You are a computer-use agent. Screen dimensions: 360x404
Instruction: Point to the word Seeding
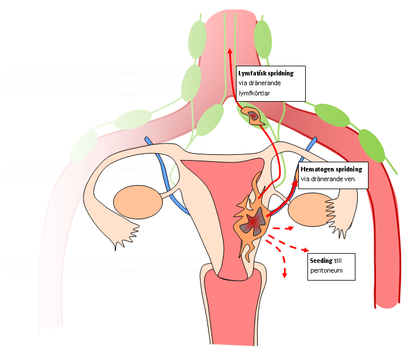coord(313,261)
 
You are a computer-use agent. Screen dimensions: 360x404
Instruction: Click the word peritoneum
coord(326,270)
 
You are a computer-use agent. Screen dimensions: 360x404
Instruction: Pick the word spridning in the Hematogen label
coord(351,170)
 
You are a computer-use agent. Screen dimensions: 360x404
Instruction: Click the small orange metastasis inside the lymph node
coord(253,116)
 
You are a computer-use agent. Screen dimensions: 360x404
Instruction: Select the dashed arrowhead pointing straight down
coord(285,275)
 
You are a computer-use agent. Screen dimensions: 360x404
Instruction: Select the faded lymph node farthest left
coord(83,146)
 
